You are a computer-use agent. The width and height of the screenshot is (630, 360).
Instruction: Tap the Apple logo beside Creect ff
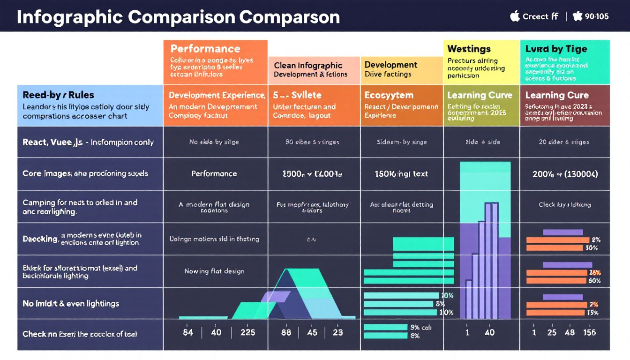(x=515, y=16)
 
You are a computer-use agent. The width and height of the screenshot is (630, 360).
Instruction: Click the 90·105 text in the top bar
(x=597, y=16)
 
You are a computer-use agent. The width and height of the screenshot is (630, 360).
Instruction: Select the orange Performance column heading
(x=205, y=49)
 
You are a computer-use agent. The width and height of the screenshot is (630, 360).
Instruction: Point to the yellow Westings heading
(x=469, y=49)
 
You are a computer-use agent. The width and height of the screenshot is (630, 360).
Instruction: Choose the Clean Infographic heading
(x=308, y=66)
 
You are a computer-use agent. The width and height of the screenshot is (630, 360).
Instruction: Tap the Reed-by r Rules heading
(x=52, y=95)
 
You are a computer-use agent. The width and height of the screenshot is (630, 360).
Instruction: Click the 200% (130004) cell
(x=564, y=174)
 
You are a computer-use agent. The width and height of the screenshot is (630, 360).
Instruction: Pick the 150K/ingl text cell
(x=401, y=174)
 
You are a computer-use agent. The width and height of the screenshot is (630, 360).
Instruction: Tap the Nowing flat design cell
(x=214, y=271)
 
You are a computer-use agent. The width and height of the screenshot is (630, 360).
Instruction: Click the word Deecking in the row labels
(x=40, y=239)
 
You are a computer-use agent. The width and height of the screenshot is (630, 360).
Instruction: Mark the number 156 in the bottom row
(x=589, y=332)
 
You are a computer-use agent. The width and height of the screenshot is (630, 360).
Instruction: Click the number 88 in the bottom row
(x=285, y=332)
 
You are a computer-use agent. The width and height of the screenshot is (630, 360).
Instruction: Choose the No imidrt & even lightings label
(x=71, y=304)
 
